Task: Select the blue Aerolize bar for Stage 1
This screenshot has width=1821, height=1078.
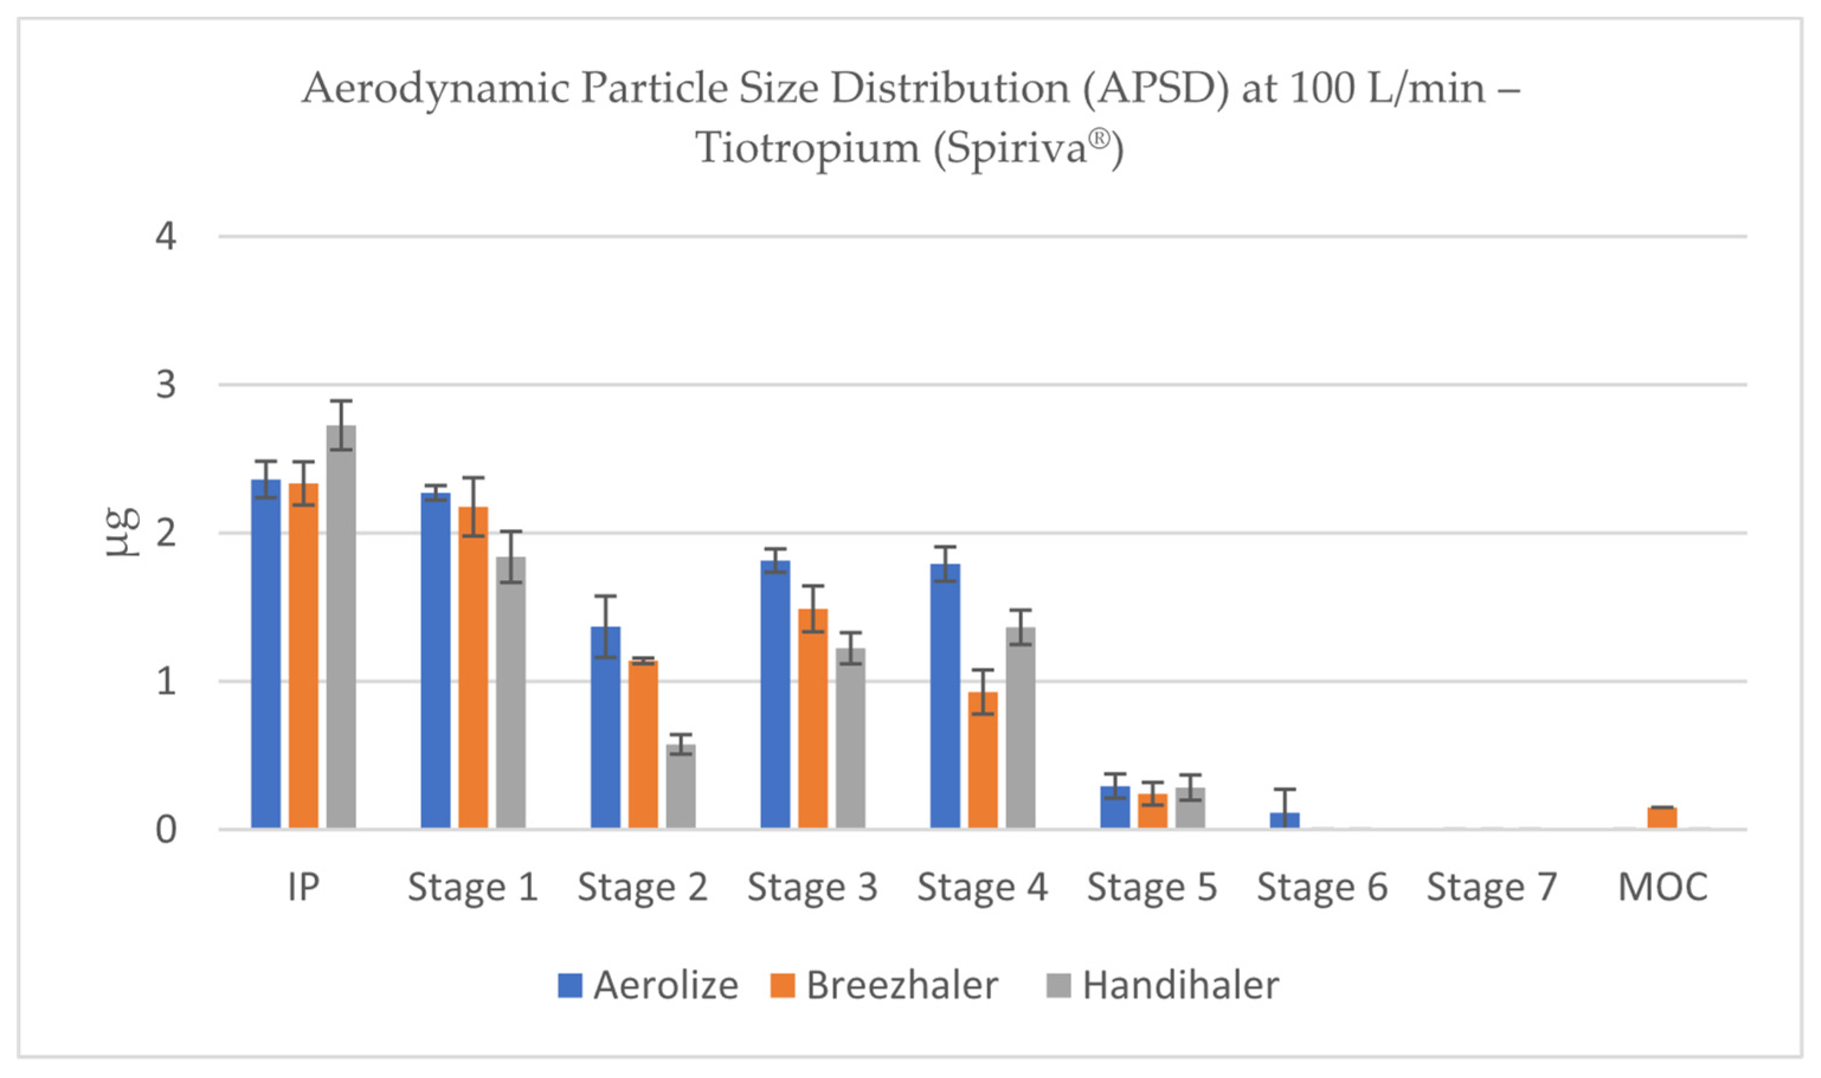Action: click(x=435, y=660)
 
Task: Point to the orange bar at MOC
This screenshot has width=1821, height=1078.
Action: click(x=1662, y=818)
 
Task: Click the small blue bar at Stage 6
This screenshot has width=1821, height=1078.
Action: click(x=1284, y=820)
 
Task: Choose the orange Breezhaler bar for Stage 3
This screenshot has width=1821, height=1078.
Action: click(x=813, y=718)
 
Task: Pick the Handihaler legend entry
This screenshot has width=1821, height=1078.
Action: click(x=1163, y=986)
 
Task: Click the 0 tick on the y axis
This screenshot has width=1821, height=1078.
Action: click(x=166, y=830)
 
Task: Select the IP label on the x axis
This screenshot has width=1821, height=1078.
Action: click(x=304, y=887)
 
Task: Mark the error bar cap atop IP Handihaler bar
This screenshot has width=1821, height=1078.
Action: click(x=341, y=401)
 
